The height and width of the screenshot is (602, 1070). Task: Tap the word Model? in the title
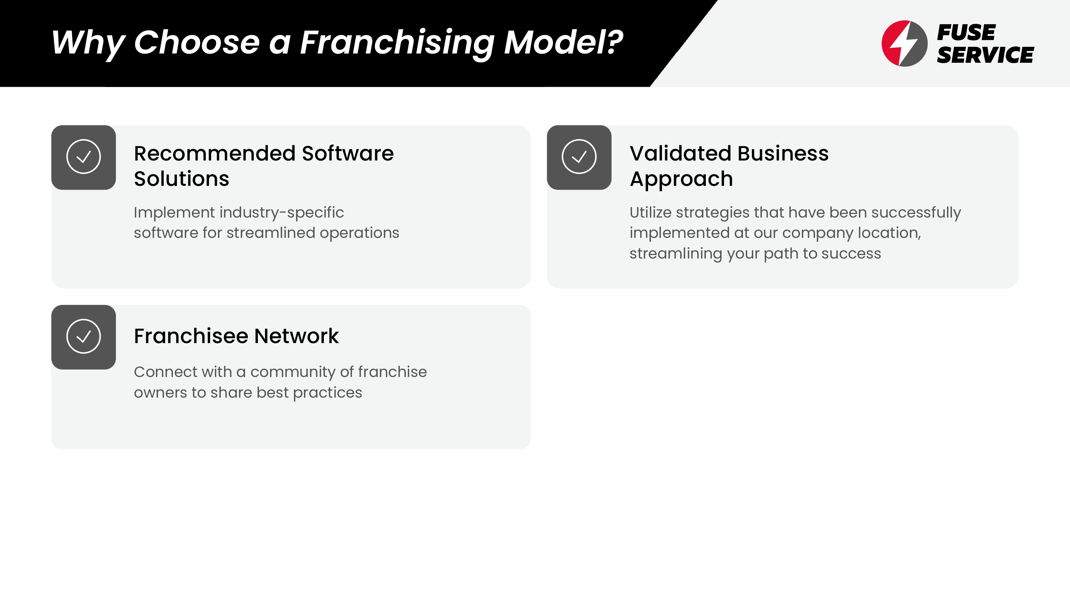(x=563, y=42)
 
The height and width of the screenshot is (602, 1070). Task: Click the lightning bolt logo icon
(x=904, y=43)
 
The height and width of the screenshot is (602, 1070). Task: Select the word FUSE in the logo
(x=966, y=32)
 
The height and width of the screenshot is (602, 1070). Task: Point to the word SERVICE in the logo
(x=985, y=55)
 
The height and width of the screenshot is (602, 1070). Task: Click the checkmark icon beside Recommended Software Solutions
(x=83, y=157)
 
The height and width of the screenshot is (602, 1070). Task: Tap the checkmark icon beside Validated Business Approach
(x=579, y=157)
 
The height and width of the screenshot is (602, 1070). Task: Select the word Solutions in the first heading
(x=182, y=179)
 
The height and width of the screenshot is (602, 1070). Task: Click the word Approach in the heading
(x=681, y=179)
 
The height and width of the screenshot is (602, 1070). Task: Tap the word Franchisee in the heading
(x=191, y=336)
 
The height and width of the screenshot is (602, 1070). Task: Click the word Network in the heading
(x=297, y=336)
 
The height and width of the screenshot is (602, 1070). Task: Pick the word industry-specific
(x=282, y=213)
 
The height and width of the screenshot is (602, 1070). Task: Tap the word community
(x=293, y=372)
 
